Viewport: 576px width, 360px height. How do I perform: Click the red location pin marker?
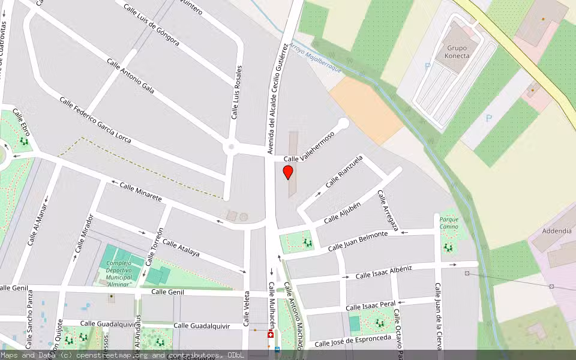[x=288, y=173]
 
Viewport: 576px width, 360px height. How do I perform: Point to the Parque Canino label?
[x=449, y=223]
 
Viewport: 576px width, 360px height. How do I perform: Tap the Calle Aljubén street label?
[x=342, y=213]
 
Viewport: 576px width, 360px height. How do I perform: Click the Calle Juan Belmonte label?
[x=358, y=241]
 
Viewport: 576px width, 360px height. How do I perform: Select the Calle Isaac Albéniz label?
[x=383, y=272]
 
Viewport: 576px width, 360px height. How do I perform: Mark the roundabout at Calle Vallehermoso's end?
[x=343, y=124]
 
